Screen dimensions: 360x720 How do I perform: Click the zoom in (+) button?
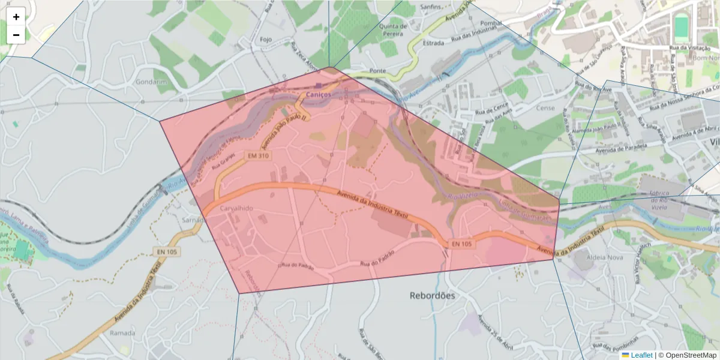point(16,17)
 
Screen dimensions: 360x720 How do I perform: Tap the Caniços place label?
point(318,95)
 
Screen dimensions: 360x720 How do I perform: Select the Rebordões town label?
point(432,295)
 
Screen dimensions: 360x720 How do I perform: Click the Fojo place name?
point(266,40)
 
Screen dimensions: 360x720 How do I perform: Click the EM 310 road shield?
point(257,156)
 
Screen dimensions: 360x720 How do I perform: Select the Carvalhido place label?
point(237,208)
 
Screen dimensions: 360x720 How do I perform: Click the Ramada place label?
point(123,332)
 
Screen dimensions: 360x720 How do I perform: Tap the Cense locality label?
point(545,108)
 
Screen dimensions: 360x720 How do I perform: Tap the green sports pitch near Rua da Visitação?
point(681,28)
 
